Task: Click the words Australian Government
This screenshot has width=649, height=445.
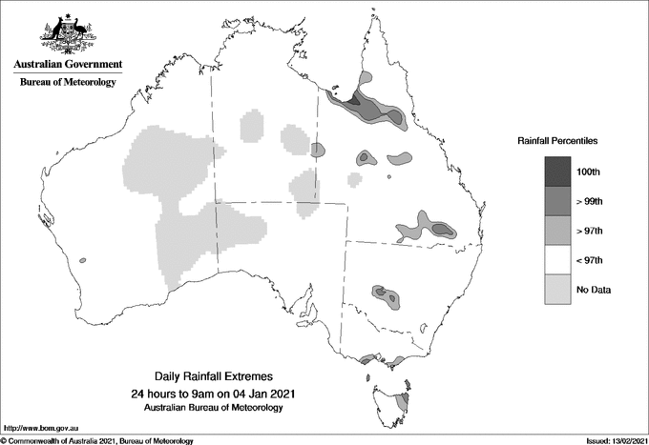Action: [x=68, y=65]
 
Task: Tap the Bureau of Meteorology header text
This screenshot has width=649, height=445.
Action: [x=68, y=83]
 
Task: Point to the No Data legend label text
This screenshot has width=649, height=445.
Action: [x=592, y=289]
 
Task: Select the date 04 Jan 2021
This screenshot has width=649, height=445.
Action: [x=253, y=394]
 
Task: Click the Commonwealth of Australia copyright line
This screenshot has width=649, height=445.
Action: [x=97, y=440]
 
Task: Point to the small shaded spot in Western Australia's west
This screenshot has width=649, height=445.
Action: [x=83, y=259]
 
